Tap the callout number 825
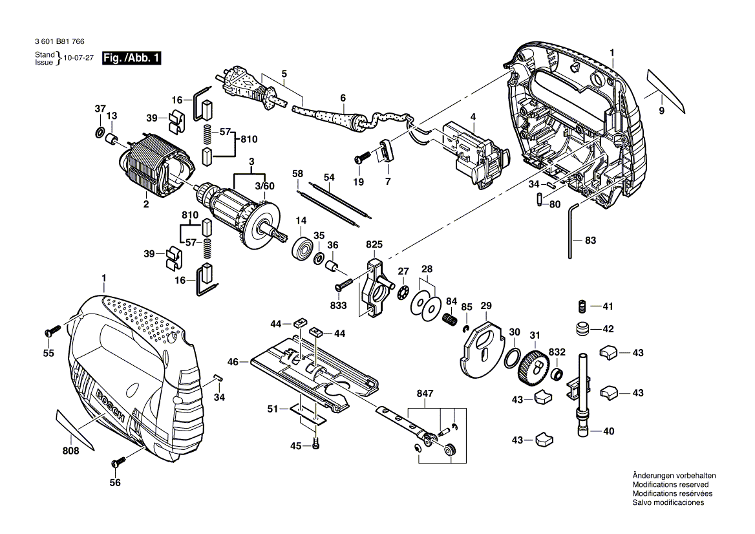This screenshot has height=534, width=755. (x=374, y=245)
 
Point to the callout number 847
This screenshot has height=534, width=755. (x=425, y=392)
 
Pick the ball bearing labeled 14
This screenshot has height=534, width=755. (x=302, y=248)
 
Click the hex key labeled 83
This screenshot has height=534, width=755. (x=572, y=230)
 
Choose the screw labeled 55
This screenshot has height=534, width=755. (x=51, y=331)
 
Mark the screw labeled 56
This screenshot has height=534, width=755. (x=118, y=462)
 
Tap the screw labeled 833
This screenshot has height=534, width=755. (x=343, y=284)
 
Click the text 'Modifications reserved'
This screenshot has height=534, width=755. (x=670, y=484)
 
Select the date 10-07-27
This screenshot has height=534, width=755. (x=78, y=58)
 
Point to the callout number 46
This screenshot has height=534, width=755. (x=233, y=363)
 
